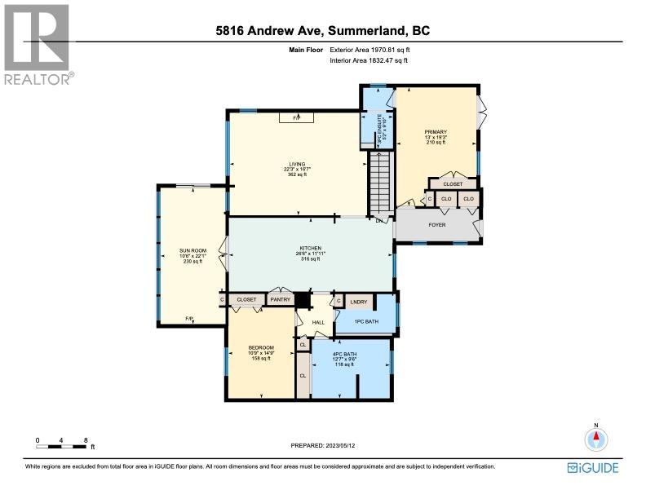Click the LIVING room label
point(295,164)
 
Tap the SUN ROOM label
point(191,251)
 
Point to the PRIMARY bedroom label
point(436,131)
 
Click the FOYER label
point(437,224)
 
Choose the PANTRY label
point(281,300)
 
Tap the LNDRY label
point(360,302)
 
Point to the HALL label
point(319,322)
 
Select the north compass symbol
point(596,439)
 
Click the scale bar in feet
point(62,443)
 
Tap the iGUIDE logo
point(592,468)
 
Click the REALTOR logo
point(38,45)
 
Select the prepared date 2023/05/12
point(322,445)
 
